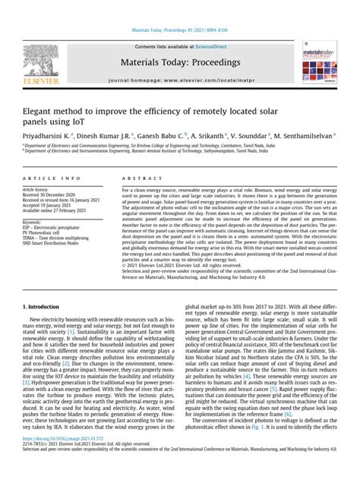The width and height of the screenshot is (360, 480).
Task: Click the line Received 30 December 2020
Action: pyautogui.click(x=52, y=195)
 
